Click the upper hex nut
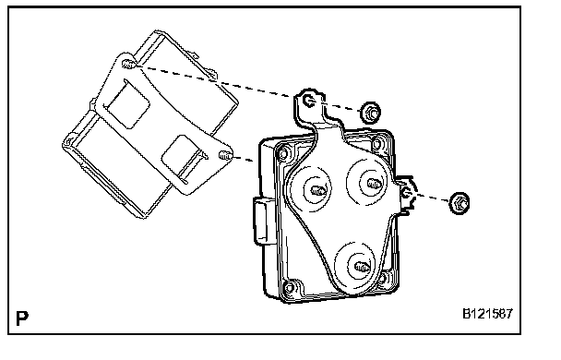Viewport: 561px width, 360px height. [371, 113]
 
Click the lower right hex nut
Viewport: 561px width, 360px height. [460, 203]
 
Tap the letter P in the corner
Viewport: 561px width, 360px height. [22, 318]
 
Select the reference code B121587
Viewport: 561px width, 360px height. [488, 314]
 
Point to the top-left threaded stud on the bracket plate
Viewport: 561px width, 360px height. [128, 65]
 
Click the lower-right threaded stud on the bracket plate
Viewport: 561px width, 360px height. [225, 155]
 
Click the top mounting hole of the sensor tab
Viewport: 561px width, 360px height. [308, 101]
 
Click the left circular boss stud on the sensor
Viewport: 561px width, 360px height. [317, 190]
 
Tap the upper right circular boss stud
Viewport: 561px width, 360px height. [374, 184]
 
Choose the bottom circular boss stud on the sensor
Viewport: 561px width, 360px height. [362, 267]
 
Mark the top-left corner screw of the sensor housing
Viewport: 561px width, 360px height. [283, 154]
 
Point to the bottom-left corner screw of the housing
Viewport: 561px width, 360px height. [290, 287]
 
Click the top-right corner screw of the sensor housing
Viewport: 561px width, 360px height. [377, 143]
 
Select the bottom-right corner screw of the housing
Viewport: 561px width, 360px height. [382, 278]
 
